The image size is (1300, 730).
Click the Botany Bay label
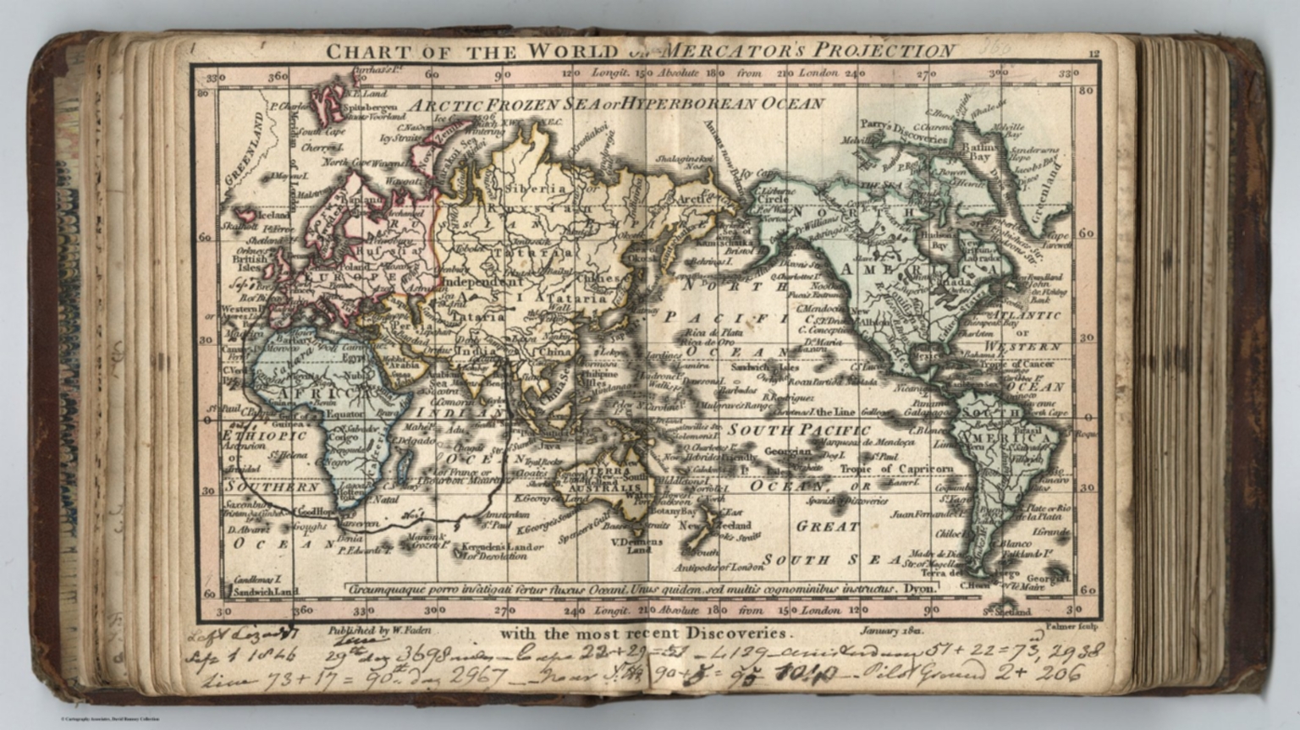(x=675, y=510)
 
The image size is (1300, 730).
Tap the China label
(x=556, y=350)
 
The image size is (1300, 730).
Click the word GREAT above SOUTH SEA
(x=827, y=527)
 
